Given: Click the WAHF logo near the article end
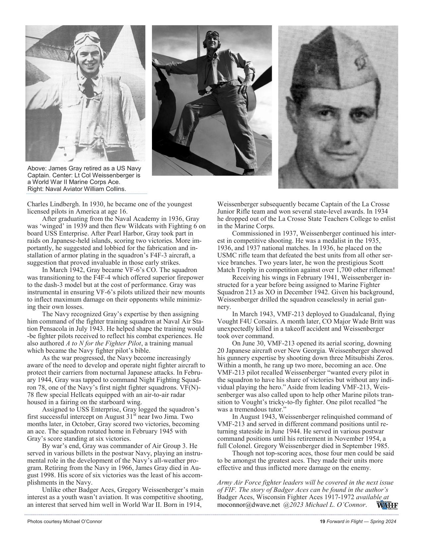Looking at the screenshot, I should (387, 505).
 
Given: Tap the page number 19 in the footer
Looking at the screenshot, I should (322, 521).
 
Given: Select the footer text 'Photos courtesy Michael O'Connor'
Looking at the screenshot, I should (65, 521).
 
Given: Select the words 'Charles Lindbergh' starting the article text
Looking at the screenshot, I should (49, 204).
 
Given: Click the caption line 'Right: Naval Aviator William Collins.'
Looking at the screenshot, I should (77, 189).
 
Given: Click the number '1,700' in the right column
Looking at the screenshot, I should (347, 270).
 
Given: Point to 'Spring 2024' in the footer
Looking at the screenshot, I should (384, 521).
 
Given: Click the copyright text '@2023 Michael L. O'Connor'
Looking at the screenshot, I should (325, 505).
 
